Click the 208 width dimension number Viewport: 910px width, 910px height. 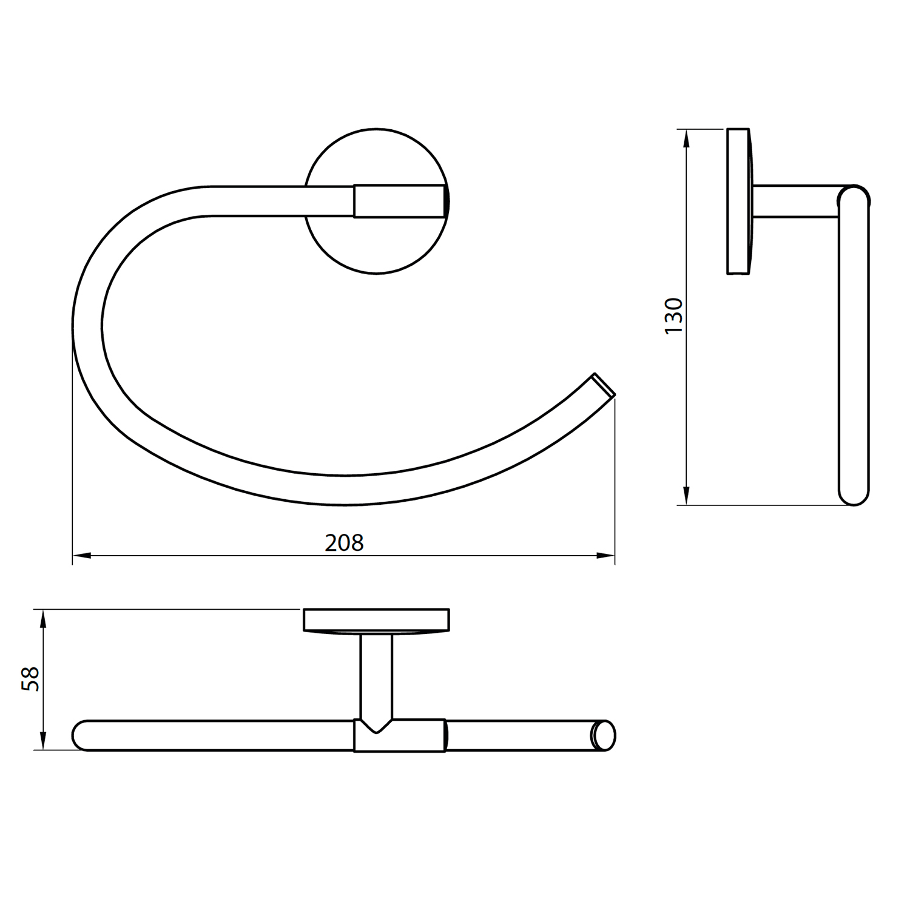tap(344, 542)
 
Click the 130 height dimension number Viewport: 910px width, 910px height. tap(674, 315)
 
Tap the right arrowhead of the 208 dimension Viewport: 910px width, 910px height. tap(606, 555)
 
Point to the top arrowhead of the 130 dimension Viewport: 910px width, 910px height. tap(686, 139)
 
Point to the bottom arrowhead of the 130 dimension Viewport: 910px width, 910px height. tap(686, 496)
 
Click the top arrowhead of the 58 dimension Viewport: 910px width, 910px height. tap(43, 619)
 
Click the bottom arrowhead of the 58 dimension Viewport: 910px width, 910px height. tap(43, 741)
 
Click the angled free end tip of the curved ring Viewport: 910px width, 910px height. tap(604, 386)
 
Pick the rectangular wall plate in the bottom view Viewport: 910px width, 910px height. tap(376, 620)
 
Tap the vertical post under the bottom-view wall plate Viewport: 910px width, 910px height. tap(376, 673)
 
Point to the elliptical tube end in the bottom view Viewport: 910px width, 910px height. tap(604, 735)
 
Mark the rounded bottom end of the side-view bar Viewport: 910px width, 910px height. tap(854, 494)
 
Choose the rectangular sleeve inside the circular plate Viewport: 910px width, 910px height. tap(400, 201)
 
